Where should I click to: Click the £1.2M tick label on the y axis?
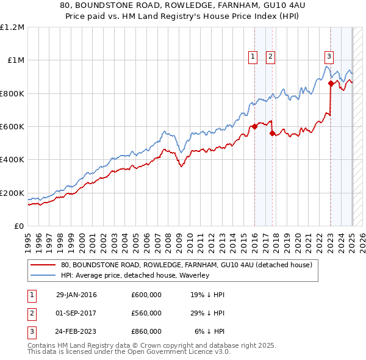(x=12, y=27)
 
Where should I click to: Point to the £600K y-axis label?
(x=12, y=127)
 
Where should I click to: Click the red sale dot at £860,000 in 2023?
(x=331, y=84)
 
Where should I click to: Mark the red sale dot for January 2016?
(x=254, y=127)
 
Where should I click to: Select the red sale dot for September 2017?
(x=272, y=134)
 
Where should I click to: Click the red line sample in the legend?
(x=44, y=265)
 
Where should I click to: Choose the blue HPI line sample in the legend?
(x=44, y=275)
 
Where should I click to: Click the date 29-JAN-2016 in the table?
(x=76, y=295)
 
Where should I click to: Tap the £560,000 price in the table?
(x=146, y=313)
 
